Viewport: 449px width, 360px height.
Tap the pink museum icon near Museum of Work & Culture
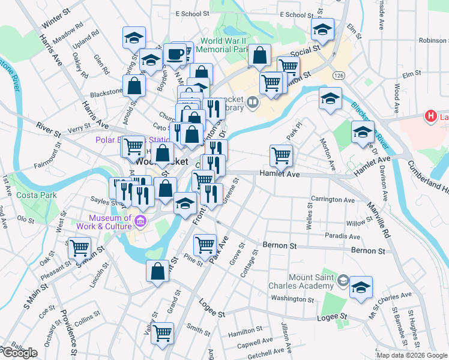tap(140, 222)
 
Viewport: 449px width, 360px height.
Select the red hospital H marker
tap(430, 116)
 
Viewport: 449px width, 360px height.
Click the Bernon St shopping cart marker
tap(205, 244)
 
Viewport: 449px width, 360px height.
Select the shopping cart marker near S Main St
tap(79, 247)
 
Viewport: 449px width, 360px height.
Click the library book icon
tap(253, 103)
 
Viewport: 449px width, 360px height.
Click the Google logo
tap(19, 353)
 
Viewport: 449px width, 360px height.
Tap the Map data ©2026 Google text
tap(411, 355)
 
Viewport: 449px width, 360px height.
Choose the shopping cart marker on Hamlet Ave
tap(281, 156)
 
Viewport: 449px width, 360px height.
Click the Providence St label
tap(70, 334)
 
